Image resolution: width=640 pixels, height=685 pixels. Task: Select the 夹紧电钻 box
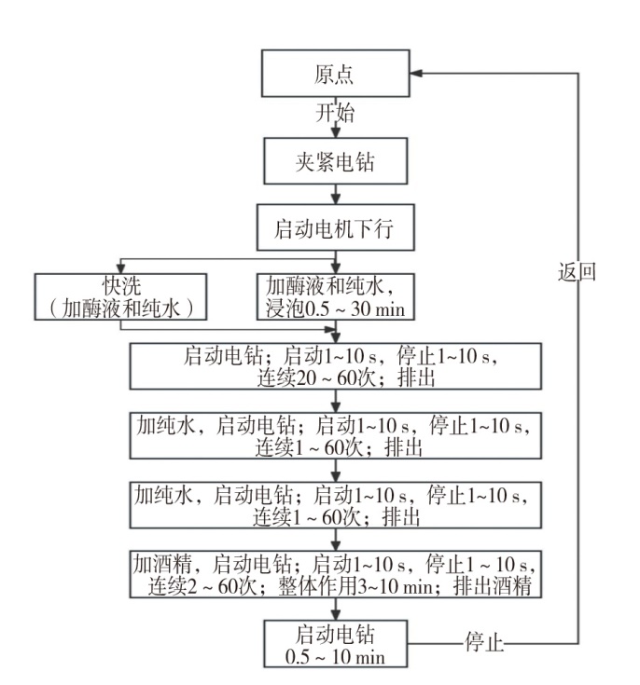335,163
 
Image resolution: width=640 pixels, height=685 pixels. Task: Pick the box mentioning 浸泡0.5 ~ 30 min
335,295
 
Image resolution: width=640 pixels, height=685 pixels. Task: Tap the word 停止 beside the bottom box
483,642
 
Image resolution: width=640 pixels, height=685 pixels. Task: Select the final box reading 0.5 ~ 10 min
335,642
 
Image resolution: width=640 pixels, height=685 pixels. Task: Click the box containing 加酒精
335,575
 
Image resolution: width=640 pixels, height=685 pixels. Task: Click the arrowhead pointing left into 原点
416,75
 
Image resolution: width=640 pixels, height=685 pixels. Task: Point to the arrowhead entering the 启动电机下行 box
335,202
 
